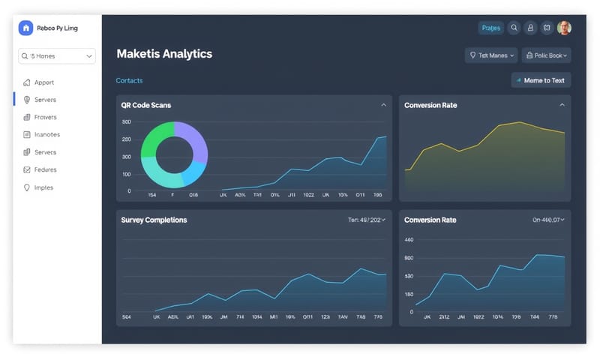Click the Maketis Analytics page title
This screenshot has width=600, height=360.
point(164,54)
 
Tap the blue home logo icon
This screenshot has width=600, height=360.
point(26,28)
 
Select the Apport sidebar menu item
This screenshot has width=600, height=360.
point(44,82)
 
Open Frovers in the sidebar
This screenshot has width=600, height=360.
point(45,117)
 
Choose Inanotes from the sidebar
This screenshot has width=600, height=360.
point(46,135)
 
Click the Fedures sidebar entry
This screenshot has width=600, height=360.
point(45,169)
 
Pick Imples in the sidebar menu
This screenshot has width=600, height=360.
point(43,187)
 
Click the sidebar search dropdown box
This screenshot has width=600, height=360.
point(58,55)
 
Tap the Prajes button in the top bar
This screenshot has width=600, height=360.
point(490,28)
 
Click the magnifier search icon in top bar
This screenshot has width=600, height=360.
point(514,28)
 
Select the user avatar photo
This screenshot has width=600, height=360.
point(564,28)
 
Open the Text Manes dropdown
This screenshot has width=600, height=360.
point(491,55)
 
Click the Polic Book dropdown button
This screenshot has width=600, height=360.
point(547,55)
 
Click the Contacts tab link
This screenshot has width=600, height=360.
point(129,80)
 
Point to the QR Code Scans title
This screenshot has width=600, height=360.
point(145,105)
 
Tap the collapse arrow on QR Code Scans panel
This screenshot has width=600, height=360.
point(384,105)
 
